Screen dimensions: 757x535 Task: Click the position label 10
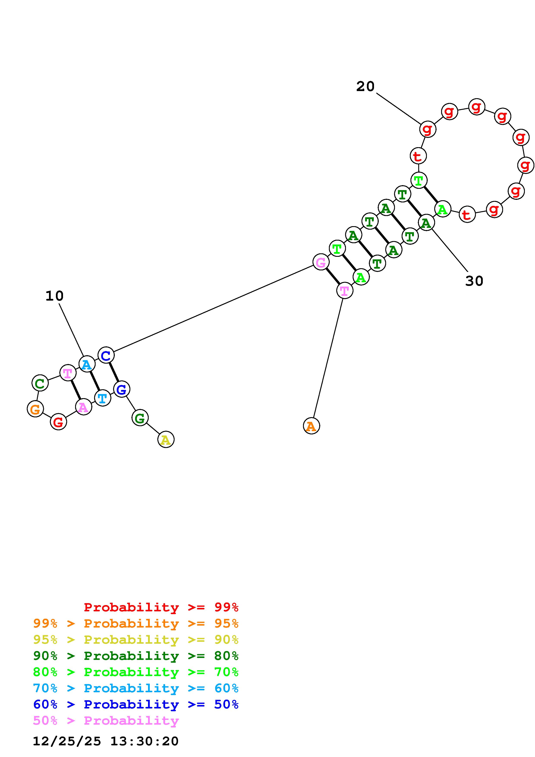54,296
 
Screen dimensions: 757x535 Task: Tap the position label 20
365,86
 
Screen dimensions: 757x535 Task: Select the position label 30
474,281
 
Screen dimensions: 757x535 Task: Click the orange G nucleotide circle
35,409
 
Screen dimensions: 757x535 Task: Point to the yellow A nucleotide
166,440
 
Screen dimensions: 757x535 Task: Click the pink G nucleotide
321,262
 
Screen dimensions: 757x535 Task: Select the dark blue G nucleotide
122,389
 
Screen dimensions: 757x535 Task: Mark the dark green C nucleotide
40,383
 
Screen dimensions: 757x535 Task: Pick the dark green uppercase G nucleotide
140,418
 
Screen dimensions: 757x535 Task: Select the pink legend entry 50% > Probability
106,721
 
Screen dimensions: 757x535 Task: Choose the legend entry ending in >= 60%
136,688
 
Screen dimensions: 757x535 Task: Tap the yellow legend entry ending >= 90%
136,640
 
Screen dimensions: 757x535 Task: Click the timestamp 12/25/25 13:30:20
106,741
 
